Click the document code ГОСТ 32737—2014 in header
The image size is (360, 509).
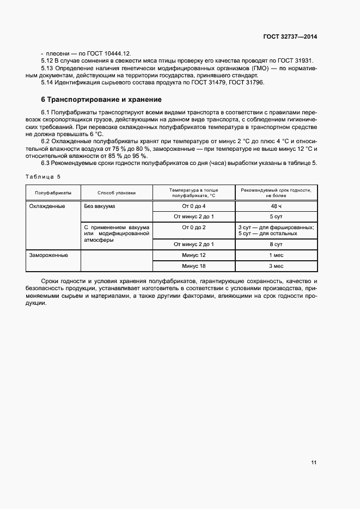coord(289,36)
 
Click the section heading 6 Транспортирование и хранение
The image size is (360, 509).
coord(101,100)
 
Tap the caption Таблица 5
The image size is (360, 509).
coord(44,176)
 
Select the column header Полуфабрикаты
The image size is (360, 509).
coord(53,193)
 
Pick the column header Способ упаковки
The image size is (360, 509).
coord(117,193)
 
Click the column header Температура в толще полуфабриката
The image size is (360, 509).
coord(194,193)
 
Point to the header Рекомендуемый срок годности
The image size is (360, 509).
coord(276,193)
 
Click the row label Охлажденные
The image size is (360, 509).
coord(48,206)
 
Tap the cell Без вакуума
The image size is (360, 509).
coord(100,206)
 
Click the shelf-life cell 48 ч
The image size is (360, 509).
coord(276,206)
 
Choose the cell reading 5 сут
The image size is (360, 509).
coord(276,216)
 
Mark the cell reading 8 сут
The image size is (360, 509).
coord(276,244)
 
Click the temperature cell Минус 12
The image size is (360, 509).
coord(194,255)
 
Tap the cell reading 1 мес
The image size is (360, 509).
coord(276,255)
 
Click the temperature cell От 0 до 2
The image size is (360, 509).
coord(194,226)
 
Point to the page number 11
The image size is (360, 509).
coord(314,463)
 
